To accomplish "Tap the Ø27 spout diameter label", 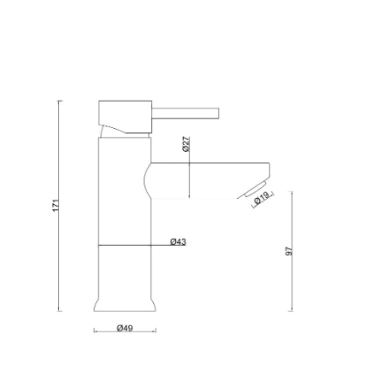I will (186, 144).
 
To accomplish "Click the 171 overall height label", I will (56, 206).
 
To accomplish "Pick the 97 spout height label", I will (290, 252).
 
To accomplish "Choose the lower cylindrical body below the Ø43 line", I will (126, 271).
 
